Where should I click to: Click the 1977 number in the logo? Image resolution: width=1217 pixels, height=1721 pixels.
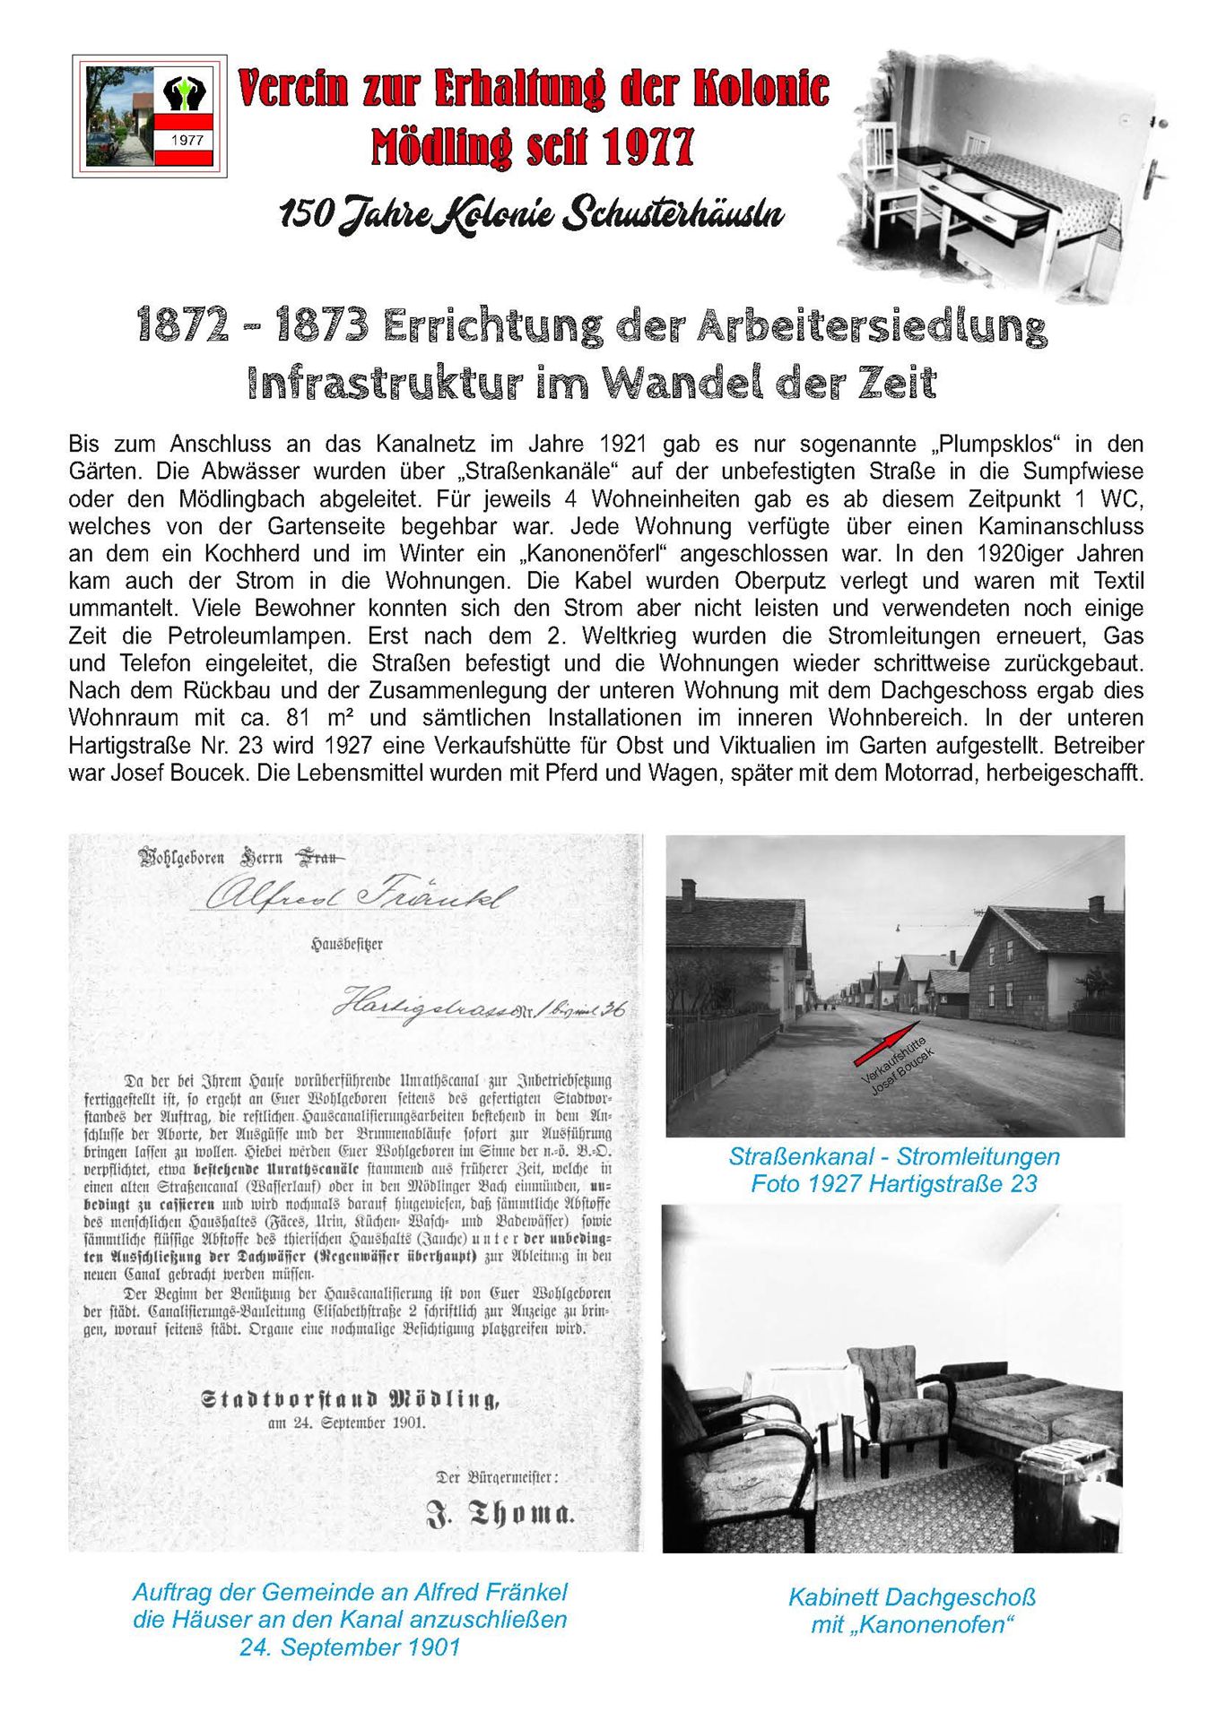(187, 140)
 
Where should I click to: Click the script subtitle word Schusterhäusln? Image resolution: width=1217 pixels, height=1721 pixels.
(674, 214)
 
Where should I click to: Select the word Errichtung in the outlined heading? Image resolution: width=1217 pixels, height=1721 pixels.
(491, 325)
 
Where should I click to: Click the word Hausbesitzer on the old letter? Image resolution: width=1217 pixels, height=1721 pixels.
(346, 944)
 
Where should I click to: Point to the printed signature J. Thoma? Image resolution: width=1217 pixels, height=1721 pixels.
(500, 1514)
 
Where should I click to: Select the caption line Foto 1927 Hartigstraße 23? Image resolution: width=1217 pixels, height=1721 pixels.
(893, 1184)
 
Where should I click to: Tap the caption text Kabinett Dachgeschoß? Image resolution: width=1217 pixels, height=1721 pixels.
(911, 1597)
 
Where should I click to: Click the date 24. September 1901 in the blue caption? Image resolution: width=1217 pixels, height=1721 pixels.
(349, 1647)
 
